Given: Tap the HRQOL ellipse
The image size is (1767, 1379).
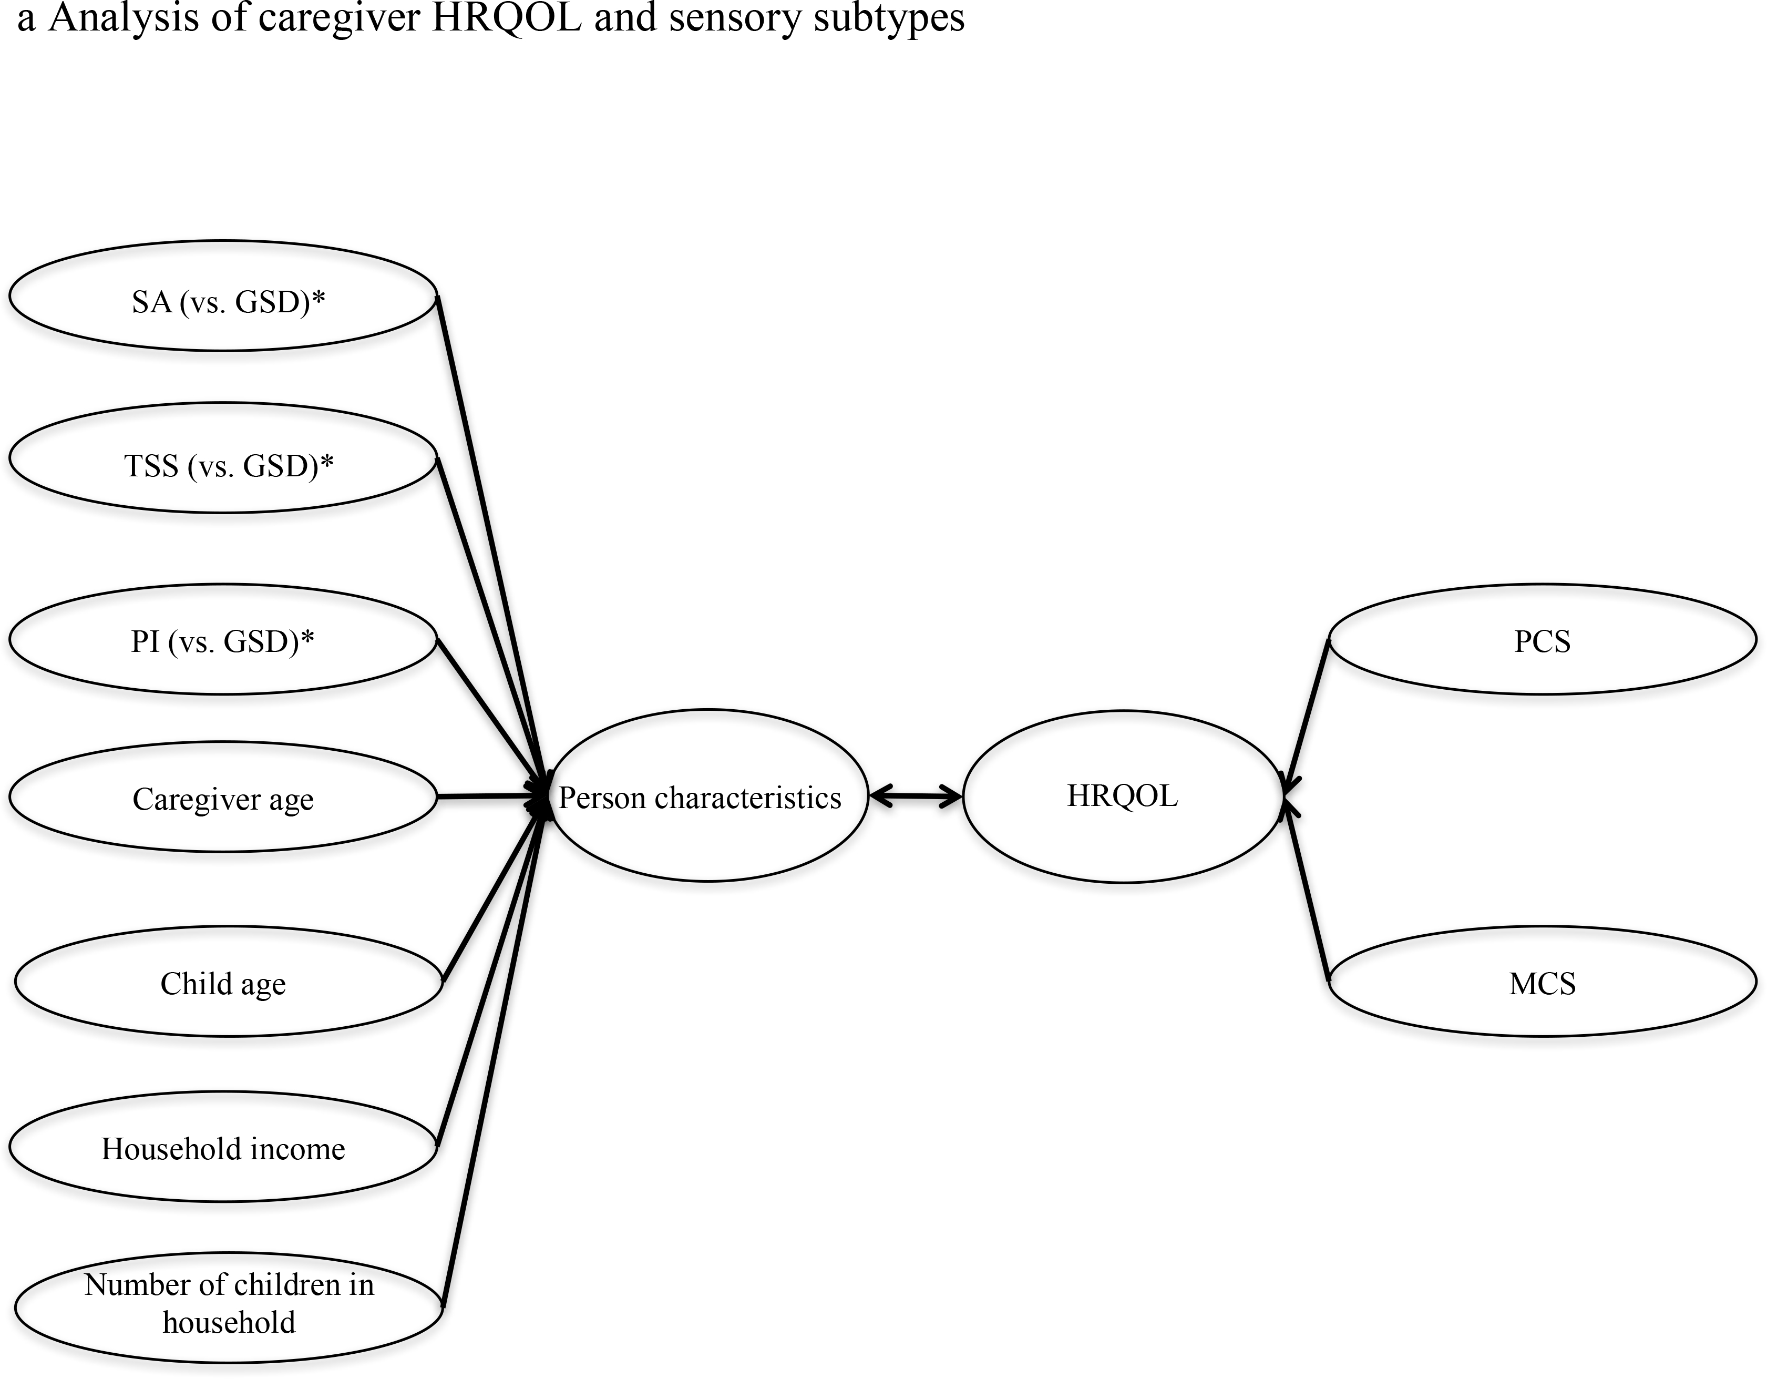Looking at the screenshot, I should [1123, 797].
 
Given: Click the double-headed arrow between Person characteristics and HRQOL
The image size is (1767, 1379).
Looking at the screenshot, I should [916, 797].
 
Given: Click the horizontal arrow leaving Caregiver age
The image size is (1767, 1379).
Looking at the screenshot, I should [486, 797].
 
